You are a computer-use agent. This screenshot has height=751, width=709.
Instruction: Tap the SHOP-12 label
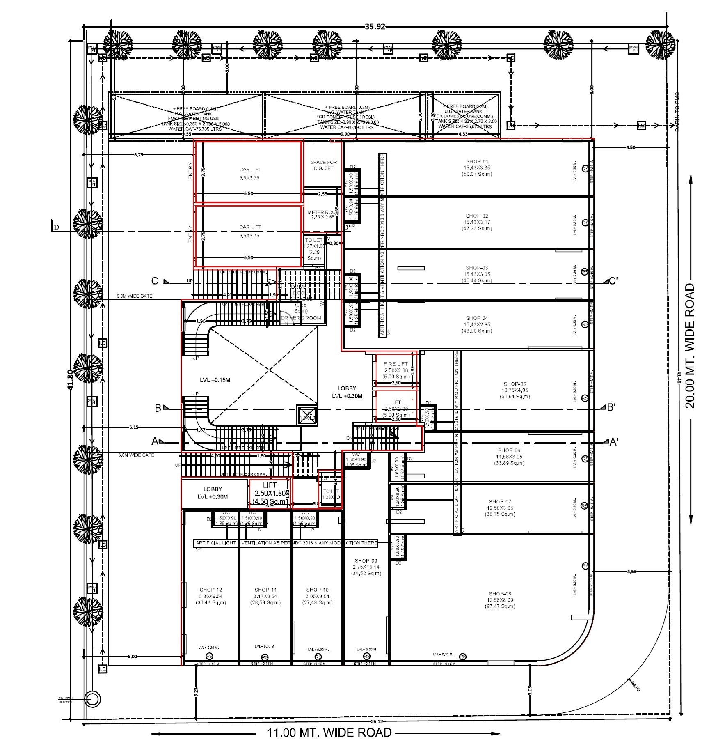(x=211, y=590)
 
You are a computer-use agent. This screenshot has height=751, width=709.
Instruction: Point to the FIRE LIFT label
(x=396, y=364)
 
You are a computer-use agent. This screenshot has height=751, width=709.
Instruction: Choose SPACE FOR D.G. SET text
(x=323, y=165)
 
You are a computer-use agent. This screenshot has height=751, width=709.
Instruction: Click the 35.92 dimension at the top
(x=375, y=27)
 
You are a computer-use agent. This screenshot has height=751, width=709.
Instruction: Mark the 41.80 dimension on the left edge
(x=70, y=380)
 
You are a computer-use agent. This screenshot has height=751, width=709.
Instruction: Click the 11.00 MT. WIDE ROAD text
(x=329, y=733)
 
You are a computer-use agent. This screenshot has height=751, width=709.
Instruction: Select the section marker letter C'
(x=613, y=281)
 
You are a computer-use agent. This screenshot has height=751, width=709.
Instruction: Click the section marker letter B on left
(x=158, y=408)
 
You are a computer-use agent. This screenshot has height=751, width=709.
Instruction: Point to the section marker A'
(x=614, y=442)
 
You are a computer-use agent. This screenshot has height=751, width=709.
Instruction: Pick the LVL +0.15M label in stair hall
(x=215, y=380)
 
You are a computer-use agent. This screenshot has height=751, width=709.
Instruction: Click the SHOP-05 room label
(x=513, y=384)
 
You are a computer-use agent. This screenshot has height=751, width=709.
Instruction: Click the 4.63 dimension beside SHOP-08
(x=632, y=571)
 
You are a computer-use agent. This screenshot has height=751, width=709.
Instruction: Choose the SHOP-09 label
(x=366, y=560)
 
